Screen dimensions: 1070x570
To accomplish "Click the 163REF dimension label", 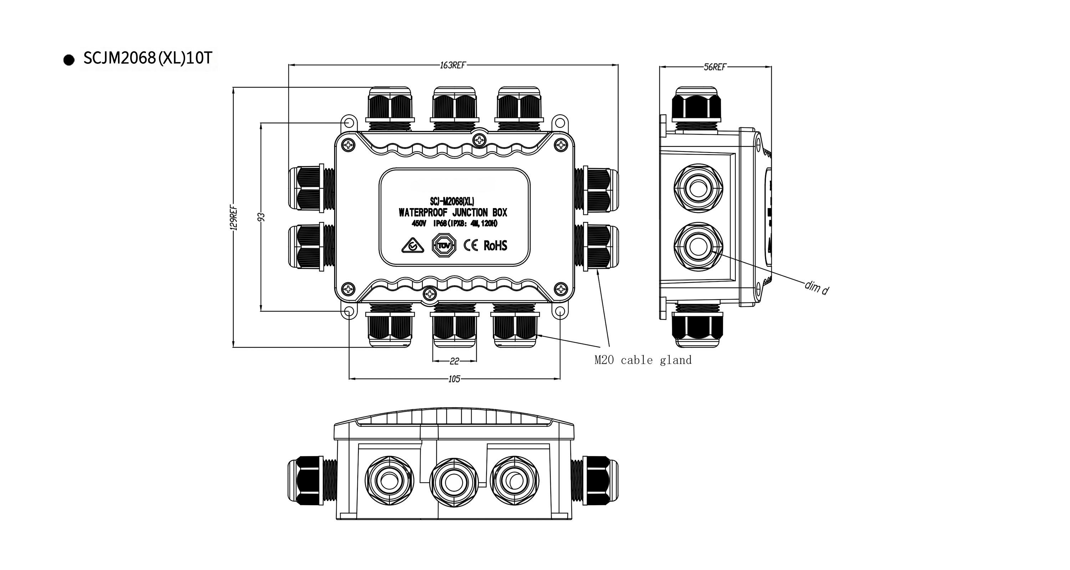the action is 453,65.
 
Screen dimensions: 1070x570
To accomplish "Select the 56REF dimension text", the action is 715,67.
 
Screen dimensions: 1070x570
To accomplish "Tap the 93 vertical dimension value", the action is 261,217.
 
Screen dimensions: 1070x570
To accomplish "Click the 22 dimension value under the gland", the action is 454,361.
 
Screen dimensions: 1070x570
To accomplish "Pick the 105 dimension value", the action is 454,379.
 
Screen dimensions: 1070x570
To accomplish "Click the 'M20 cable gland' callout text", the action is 643,360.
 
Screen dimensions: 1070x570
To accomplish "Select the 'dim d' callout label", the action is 817,287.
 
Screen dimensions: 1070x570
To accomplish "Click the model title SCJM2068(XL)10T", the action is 148,58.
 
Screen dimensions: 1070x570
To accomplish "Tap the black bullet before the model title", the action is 69,60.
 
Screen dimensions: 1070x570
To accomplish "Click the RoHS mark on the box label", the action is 495,245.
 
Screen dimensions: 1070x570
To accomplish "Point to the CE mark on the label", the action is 470,245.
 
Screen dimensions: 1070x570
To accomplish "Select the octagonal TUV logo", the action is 444,245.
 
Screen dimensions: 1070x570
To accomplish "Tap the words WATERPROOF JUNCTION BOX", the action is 453,212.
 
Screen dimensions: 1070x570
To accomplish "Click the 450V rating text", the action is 419,224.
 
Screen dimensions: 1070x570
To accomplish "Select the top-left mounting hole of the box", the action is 348,123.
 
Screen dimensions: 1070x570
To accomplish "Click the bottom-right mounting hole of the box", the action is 560,312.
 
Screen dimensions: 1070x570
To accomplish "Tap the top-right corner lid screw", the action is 561,145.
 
